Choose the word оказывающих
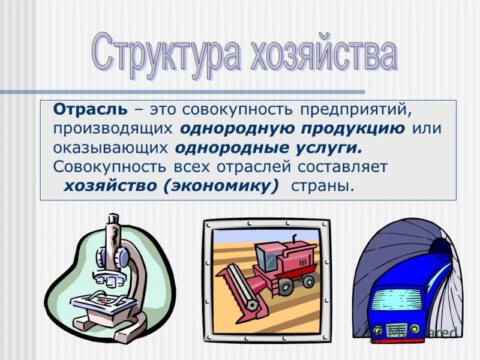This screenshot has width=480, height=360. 113,148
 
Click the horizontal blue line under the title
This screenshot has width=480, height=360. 180,92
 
